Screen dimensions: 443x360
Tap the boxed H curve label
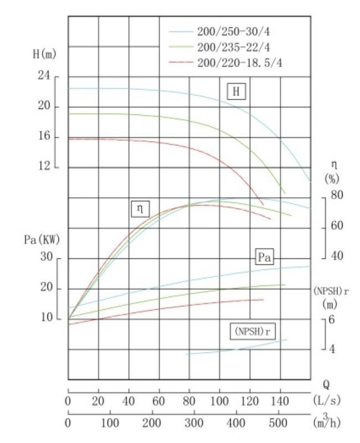[x=236, y=92]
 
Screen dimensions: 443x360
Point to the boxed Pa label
[x=264, y=257]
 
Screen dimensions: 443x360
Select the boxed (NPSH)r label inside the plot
[x=250, y=331]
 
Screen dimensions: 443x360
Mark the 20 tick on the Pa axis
[x=47, y=288]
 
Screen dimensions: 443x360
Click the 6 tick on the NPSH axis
[x=331, y=319]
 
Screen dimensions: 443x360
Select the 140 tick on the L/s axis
[x=280, y=402]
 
